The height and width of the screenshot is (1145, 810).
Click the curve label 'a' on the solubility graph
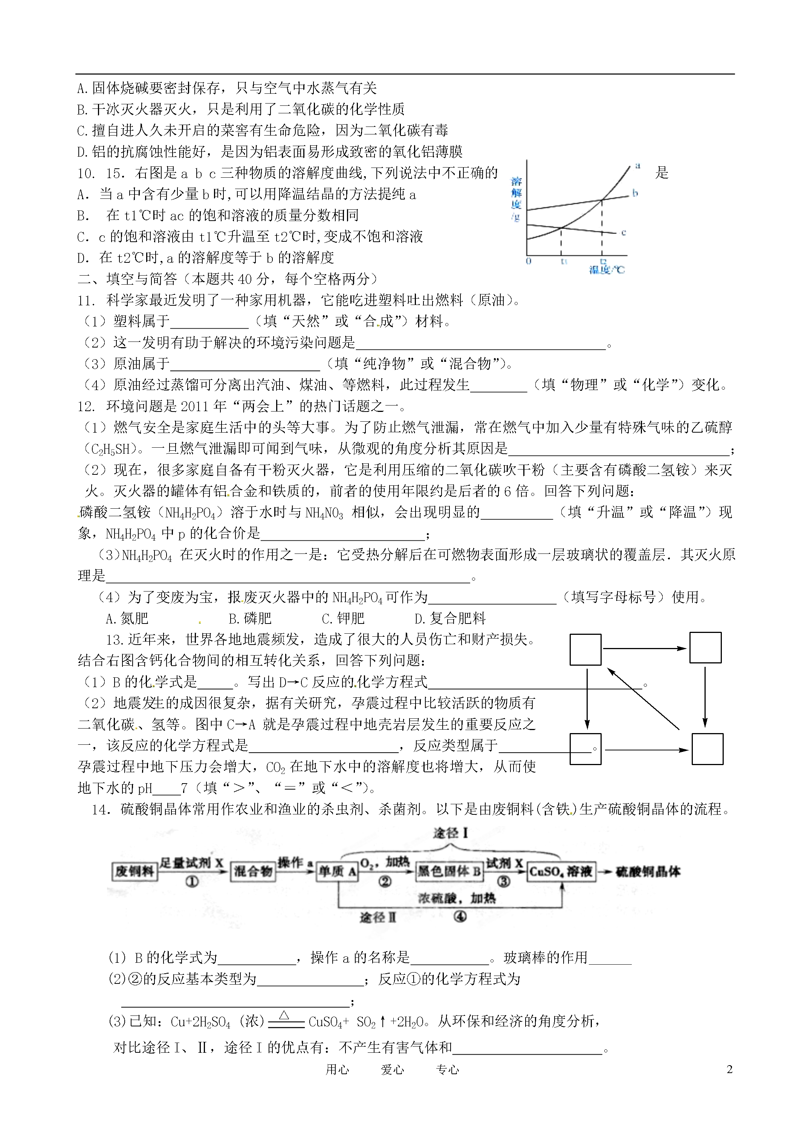click(x=638, y=166)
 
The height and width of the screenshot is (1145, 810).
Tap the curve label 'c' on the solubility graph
click(x=624, y=232)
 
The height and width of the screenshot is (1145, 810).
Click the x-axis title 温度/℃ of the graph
click(x=607, y=270)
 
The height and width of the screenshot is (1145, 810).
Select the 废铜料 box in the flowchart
click(x=134, y=871)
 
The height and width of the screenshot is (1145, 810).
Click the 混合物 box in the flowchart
click(x=253, y=871)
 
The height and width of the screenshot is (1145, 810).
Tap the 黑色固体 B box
click(x=449, y=871)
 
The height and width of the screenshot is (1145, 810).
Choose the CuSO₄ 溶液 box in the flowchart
click(x=561, y=871)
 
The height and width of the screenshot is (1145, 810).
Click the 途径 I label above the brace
click(x=450, y=833)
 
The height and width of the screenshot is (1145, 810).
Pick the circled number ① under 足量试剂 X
click(x=192, y=882)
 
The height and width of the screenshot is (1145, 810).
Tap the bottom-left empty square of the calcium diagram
click(x=585, y=749)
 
